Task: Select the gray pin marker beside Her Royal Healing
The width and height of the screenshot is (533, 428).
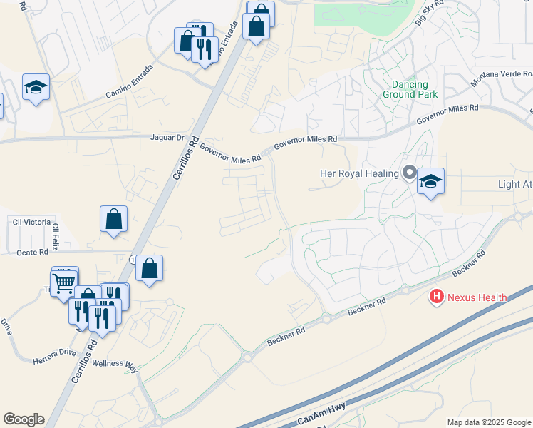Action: [x=409, y=173]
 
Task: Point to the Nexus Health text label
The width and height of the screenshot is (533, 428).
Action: [x=477, y=297]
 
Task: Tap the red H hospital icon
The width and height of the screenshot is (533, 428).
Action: [x=435, y=297]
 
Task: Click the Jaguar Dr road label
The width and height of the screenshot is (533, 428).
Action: [x=167, y=137]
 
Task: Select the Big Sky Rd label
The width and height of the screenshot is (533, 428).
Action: [x=428, y=14]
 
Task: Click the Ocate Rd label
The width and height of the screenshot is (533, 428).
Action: [x=33, y=252]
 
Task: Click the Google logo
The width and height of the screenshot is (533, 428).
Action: [x=24, y=419]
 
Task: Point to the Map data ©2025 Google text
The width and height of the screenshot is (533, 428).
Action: [x=488, y=422]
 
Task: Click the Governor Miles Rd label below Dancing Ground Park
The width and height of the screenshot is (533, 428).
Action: [x=447, y=114]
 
